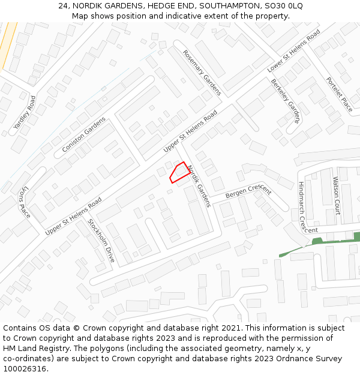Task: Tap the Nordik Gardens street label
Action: coord(199,185)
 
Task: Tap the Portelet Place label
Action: coord(339,94)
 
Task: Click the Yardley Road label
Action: coord(25,113)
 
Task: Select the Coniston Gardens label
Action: coord(83,134)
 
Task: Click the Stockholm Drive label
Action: coord(101,240)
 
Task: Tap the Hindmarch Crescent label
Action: coord(307,207)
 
